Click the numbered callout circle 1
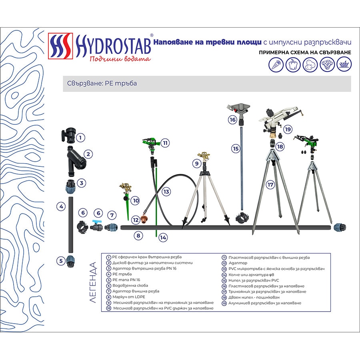click(80, 138)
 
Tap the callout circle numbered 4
click(61, 207)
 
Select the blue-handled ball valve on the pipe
click(96, 226)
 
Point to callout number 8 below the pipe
click(138, 236)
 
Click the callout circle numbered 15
click(236, 148)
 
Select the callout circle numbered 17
click(271, 185)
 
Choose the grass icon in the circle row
click(344, 63)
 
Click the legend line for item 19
click(264, 303)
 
